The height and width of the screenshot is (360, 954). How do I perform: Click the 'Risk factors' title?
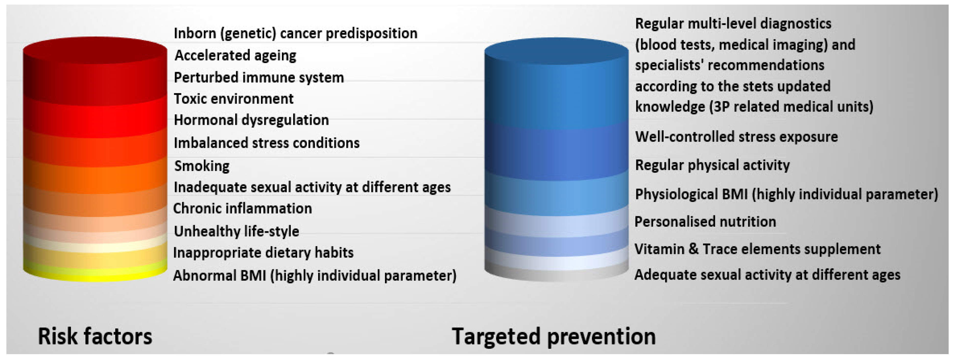pos(95,336)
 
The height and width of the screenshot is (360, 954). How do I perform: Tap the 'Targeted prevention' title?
pos(553,336)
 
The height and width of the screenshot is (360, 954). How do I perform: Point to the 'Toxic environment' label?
pos(233,99)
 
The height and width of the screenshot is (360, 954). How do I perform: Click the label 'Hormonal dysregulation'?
pos(251,120)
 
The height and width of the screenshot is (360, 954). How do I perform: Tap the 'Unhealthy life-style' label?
pos(236,231)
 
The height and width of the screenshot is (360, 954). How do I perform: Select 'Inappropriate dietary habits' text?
pos(263,253)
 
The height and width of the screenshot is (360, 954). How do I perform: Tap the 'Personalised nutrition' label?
pos(705,221)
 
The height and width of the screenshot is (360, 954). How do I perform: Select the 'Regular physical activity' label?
pos(712,165)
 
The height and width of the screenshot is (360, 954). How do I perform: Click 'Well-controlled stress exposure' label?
pos(736,137)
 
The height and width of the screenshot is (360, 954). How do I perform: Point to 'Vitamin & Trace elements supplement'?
pos(757,249)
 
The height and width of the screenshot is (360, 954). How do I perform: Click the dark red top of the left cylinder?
pos(95,50)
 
